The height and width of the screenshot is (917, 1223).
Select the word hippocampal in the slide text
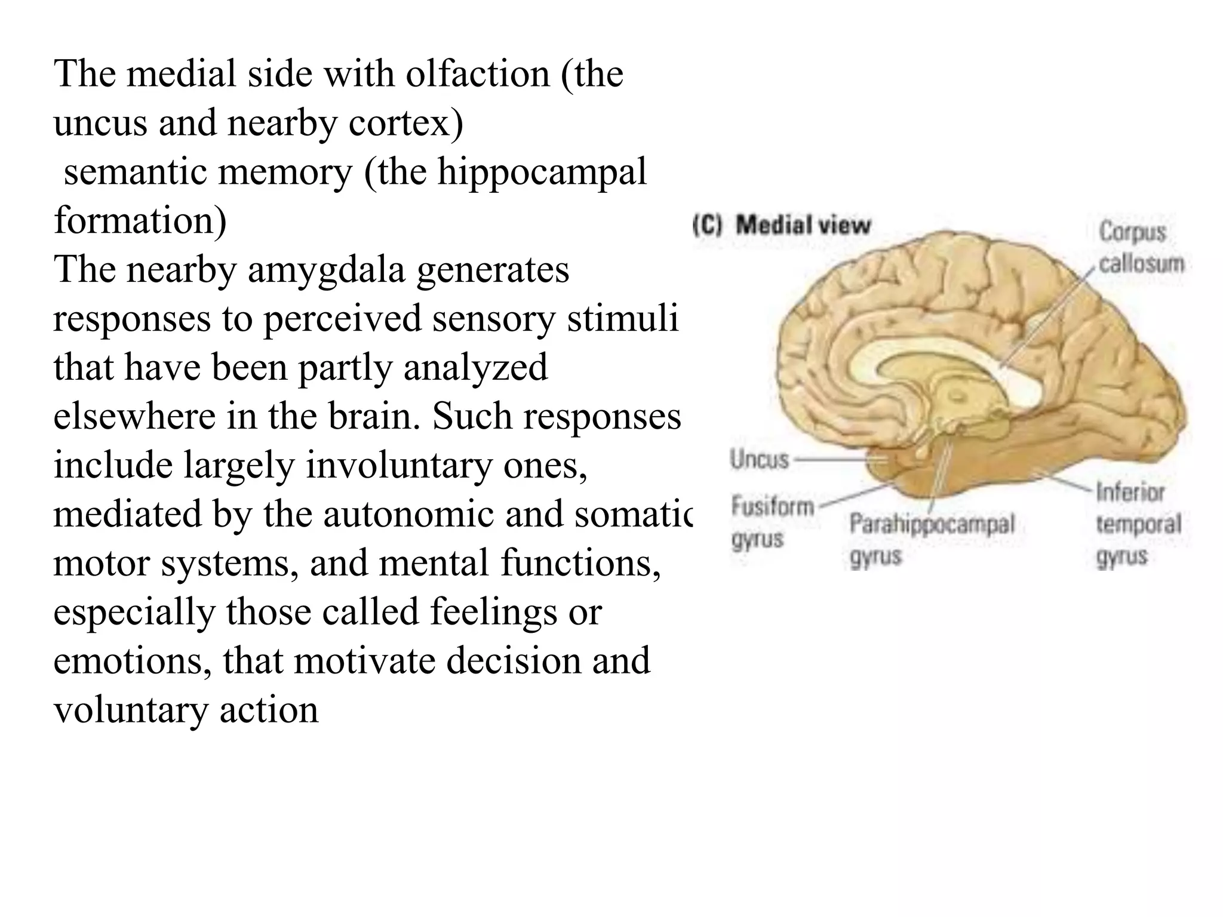[x=542, y=172]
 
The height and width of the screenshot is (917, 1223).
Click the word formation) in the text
[x=140, y=221]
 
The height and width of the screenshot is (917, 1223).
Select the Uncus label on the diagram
[x=759, y=460]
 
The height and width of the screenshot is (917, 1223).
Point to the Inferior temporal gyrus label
[x=1138, y=524]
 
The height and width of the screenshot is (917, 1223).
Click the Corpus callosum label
[x=1141, y=247]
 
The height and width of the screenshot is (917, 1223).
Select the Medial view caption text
[x=803, y=226]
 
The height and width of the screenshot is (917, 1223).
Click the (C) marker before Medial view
[x=708, y=226]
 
